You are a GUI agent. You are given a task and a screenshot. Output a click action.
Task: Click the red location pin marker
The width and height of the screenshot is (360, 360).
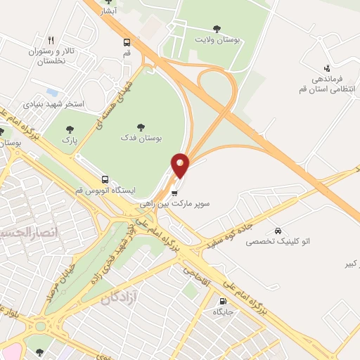tap(181, 166)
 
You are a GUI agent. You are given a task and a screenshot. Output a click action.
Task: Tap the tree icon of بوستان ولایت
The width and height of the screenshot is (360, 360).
tap(216, 29)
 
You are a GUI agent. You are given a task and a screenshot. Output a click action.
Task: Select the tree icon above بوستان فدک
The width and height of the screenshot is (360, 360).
tap(141, 127)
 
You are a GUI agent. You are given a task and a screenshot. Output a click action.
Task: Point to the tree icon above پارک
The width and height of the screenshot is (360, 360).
tap(69, 129)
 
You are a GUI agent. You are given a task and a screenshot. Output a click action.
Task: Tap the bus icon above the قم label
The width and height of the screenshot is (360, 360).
tap(127, 42)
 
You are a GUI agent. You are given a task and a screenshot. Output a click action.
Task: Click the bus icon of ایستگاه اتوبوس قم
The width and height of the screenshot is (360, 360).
tap(105, 179)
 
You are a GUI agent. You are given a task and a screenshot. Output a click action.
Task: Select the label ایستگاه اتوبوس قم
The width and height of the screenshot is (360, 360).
tap(105, 191)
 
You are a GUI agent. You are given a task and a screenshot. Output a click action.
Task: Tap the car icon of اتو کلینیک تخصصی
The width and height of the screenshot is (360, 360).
tap(278, 231)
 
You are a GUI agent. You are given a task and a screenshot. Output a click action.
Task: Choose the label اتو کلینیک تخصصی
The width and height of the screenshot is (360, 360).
tap(277, 241)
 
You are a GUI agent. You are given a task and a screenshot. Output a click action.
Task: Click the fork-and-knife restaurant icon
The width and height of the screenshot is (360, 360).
tap(51, 40)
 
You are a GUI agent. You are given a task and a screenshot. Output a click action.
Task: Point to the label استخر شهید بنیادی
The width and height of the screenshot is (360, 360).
tap(54, 104)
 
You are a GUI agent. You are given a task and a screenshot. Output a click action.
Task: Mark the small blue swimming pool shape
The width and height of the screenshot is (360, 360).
tap(51, 92)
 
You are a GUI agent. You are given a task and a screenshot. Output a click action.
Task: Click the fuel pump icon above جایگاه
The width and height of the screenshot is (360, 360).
tap(223, 300)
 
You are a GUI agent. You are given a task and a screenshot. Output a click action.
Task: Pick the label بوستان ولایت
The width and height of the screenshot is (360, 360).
tap(217, 41)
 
